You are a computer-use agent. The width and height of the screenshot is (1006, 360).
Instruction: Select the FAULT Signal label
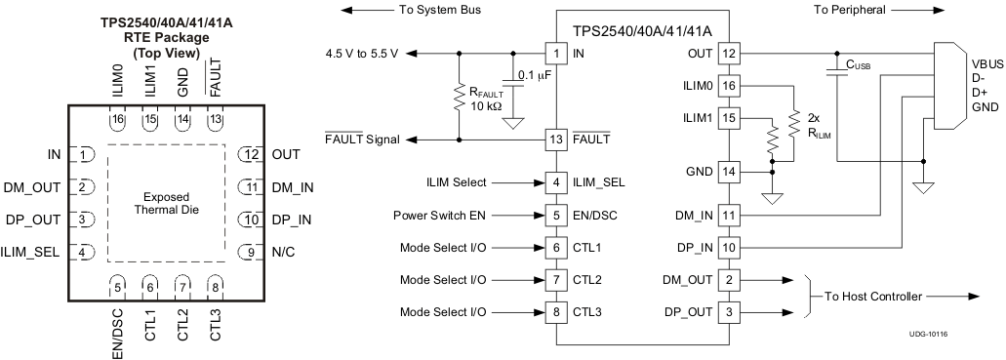361,140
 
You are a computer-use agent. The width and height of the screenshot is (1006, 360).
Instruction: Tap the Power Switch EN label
441,215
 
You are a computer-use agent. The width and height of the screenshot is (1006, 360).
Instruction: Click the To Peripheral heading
854,10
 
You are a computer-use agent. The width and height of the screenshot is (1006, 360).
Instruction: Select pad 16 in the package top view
118,119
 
